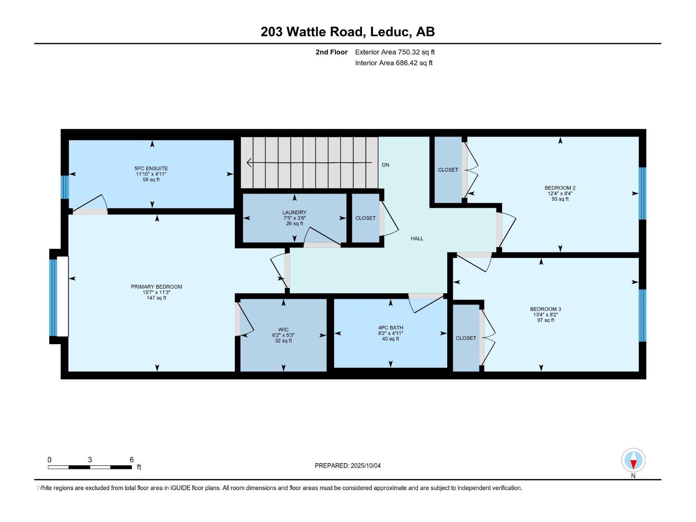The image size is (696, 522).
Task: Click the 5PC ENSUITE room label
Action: click(151, 168)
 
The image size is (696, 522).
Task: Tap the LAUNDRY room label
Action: click(294, 213)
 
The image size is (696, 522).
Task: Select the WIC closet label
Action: click(283, 330)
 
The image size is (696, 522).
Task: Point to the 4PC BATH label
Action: click(390, 328)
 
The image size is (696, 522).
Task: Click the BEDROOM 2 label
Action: click(560, 188)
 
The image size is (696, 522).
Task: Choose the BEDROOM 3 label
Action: click(545, 309)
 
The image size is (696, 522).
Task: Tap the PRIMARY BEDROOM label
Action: click(156, 287)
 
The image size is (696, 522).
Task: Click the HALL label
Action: click(417, 238)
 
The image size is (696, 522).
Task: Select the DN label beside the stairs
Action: click(385, 165)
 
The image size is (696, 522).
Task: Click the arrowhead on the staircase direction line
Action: click(249, 163)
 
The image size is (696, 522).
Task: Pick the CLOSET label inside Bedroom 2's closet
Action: click(448, 170)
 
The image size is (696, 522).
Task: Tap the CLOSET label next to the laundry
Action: click(365, 218)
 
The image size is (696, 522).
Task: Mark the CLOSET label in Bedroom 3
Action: click(466, 338)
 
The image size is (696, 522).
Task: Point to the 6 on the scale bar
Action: click(131, 460)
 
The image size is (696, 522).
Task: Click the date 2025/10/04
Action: click(365, 465)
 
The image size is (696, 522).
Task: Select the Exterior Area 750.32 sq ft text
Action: click(395, 52)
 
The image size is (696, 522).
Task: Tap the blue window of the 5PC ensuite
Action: click(64, 187)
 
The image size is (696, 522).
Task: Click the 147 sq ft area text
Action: click(156, 298)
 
